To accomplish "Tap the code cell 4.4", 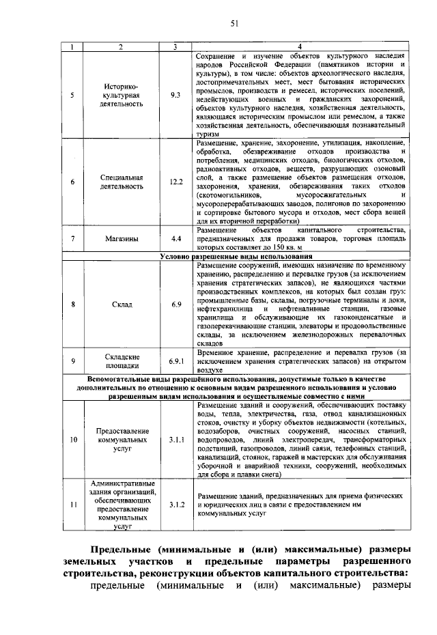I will click(175, 239).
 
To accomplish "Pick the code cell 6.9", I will click(175, 304).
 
